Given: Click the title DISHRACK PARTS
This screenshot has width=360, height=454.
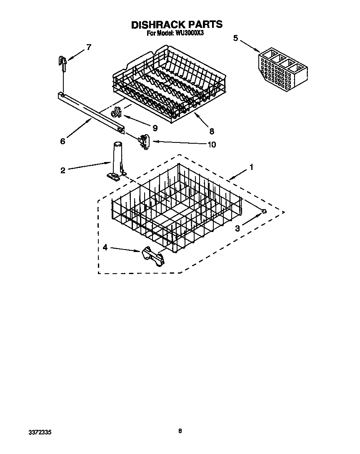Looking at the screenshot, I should (x=177, y=25).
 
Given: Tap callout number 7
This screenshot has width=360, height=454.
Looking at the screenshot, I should (x=88, y=47).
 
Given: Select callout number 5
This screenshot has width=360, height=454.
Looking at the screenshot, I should (x=235, y=38).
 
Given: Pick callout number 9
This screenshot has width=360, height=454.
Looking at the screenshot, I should (x=155, y=128).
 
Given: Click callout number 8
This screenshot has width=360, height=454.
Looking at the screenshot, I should (x=212, y=131).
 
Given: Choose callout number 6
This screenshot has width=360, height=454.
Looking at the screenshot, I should (x=62, y=141).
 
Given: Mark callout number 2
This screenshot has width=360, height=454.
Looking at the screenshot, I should (x=62, y=170).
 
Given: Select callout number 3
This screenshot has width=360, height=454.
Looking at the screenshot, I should (x=237, y=228).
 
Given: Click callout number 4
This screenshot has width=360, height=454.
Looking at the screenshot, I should (x=105, y=247).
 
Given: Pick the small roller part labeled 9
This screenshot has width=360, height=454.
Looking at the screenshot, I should (x=116, y=112).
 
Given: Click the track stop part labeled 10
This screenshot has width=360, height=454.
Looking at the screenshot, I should (x=145, y=142).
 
